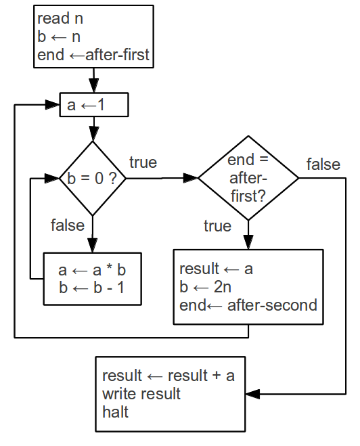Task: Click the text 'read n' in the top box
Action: click(60, 18)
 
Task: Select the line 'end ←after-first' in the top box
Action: click(93, 55)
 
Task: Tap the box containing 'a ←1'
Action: click(94, 105)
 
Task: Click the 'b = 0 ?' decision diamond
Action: click(93, 179)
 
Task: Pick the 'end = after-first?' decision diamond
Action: click(248, 178)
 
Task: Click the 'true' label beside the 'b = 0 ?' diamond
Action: click(143, 162)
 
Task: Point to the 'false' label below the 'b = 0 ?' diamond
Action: click(68, 225)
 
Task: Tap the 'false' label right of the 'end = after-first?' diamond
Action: click(323, 164)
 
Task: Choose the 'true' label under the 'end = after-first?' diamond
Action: click(217, 226)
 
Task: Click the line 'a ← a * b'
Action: click(92, 270)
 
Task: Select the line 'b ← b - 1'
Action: click(92, 288)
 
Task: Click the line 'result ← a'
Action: click(216, 269)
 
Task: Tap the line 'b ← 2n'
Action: click(205, 287)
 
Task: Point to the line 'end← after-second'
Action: click(248, 305)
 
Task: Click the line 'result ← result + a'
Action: click(168, 376)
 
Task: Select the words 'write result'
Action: click(141, 394)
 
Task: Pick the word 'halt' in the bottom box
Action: click(115, 412)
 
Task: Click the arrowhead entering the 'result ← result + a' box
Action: click(252, 395)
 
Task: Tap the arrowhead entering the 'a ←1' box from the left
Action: click(52, 105)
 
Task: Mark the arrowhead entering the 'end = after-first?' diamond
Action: click(191, 178)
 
